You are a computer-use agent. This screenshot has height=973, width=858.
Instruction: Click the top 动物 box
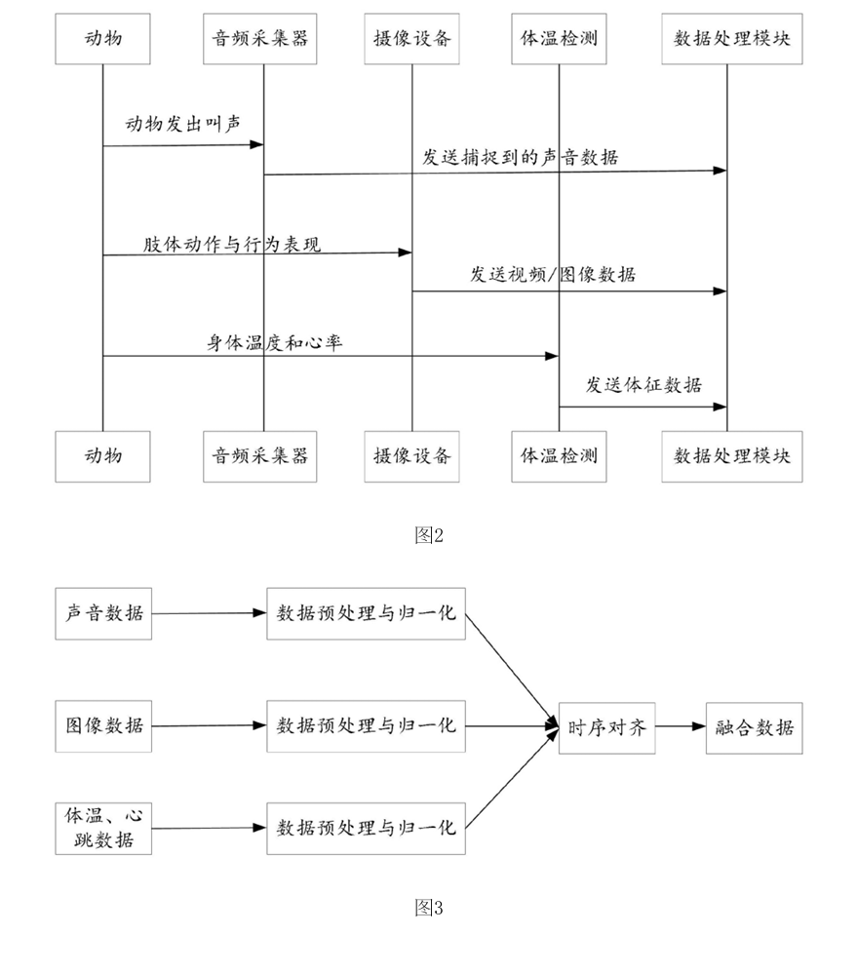click(103, 38)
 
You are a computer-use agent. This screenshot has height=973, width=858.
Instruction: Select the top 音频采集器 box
click(260, 38)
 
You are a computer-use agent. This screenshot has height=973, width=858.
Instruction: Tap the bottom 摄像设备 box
click(412, 456)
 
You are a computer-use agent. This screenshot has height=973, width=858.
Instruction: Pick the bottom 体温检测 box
click(559, 456)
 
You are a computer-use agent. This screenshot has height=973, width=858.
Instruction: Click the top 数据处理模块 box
click(732, 38)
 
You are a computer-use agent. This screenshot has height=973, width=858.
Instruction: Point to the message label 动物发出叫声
click(183, 124)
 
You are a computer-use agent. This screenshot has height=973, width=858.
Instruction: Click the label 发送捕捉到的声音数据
click(521, 157)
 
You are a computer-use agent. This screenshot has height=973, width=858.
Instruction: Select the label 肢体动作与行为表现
click(232, 244)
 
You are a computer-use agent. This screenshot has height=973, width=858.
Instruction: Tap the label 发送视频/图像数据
click(553, 274)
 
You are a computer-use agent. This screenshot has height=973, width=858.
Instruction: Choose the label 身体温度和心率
click(275, 342)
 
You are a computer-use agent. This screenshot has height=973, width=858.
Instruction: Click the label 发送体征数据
click(643, 385)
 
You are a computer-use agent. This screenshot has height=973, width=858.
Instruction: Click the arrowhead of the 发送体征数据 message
click(721, 408)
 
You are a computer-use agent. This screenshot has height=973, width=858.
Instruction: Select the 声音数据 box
click(103, 613)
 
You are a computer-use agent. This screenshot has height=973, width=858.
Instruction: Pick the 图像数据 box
click(103, 726)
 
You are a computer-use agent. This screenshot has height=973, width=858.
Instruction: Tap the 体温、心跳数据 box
click(103, 829)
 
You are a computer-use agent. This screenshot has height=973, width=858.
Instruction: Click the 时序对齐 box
click(606, 728)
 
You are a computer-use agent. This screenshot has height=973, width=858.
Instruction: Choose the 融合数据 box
click(755, 728)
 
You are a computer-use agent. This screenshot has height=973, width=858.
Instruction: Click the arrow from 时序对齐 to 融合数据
click(681, 726)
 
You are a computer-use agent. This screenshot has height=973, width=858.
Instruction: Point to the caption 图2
click(429, 535)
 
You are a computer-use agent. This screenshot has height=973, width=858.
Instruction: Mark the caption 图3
click(429, 908)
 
